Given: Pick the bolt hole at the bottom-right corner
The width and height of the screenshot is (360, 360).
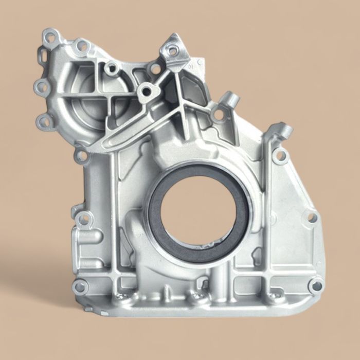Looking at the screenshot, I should [x=316, y=284].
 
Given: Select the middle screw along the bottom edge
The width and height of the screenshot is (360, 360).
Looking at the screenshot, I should [x=196, y=296].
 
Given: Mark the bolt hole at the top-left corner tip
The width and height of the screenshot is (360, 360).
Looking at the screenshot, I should [x=50, y=38].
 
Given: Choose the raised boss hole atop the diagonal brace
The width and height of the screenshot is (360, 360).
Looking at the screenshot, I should [x=146, y=92].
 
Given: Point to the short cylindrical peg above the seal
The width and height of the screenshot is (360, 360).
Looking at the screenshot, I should [x=232, y=99].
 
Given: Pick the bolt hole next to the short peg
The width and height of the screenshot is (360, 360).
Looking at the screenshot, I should [x=219, y=114].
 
